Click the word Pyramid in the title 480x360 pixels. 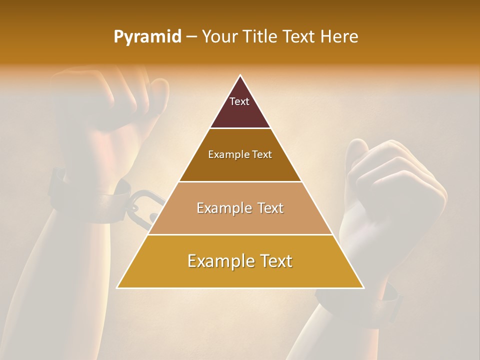tap(147, 37)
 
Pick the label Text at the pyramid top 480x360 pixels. tap(239, 101)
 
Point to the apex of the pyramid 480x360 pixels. tap(240, 76)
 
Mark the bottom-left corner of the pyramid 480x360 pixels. tap(118, 287)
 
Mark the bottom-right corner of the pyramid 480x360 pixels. tap(363, 287)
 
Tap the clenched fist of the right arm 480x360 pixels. tap(395, 190)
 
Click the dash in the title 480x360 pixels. tap(191, 37)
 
